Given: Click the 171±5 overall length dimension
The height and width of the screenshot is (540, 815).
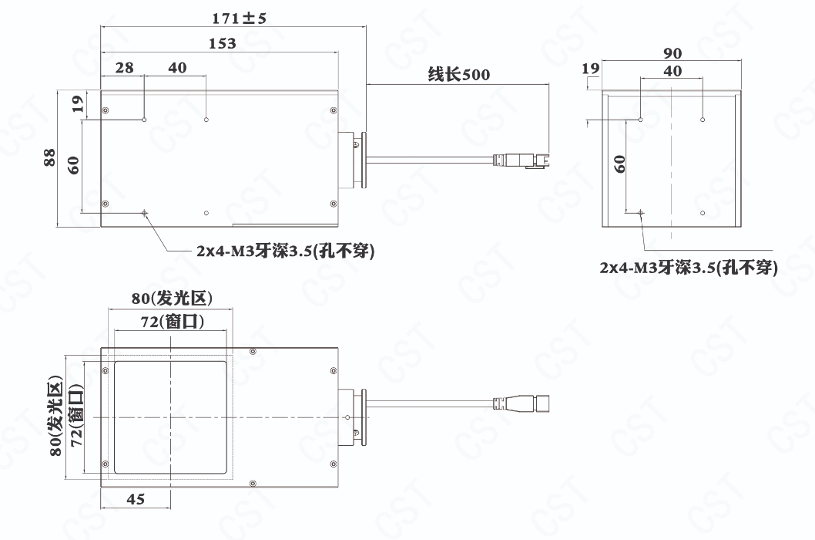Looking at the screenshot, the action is click(239, 19).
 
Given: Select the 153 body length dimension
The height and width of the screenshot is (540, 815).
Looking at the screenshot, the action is click(223, 43).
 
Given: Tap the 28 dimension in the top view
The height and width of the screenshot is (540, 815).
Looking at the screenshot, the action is click(124, 68).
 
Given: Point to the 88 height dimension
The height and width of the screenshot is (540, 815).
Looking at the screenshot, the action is click(49, 157).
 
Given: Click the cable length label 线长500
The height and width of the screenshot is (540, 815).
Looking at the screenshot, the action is click(459, 75).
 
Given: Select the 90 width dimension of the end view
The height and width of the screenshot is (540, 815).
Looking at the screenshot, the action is click(672, 53).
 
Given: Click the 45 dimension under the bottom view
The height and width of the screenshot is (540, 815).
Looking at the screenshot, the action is click(136, 499).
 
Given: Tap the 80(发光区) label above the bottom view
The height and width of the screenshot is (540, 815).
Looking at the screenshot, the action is click(172, 299).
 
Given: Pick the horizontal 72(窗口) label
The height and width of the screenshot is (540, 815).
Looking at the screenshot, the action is click(173, 322).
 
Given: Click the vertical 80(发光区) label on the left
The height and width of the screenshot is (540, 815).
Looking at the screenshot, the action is click(55, 418).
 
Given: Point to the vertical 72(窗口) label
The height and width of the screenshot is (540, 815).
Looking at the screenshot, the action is click(76, 415).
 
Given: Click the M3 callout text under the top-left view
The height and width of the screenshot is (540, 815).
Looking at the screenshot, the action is click(285, 251).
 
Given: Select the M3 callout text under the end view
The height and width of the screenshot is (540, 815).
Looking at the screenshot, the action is click(689, 268).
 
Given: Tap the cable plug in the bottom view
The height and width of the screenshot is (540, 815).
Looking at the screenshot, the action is click(522, 403).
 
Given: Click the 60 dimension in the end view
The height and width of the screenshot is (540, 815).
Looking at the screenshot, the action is click(619, 164).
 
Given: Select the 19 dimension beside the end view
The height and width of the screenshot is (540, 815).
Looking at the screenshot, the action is click(590, 68).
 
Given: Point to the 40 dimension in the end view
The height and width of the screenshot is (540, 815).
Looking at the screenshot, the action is click(672, 71).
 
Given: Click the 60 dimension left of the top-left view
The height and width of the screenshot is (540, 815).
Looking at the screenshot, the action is click(73, 165).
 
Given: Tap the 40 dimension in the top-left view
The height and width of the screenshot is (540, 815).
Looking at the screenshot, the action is click(177, 68).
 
